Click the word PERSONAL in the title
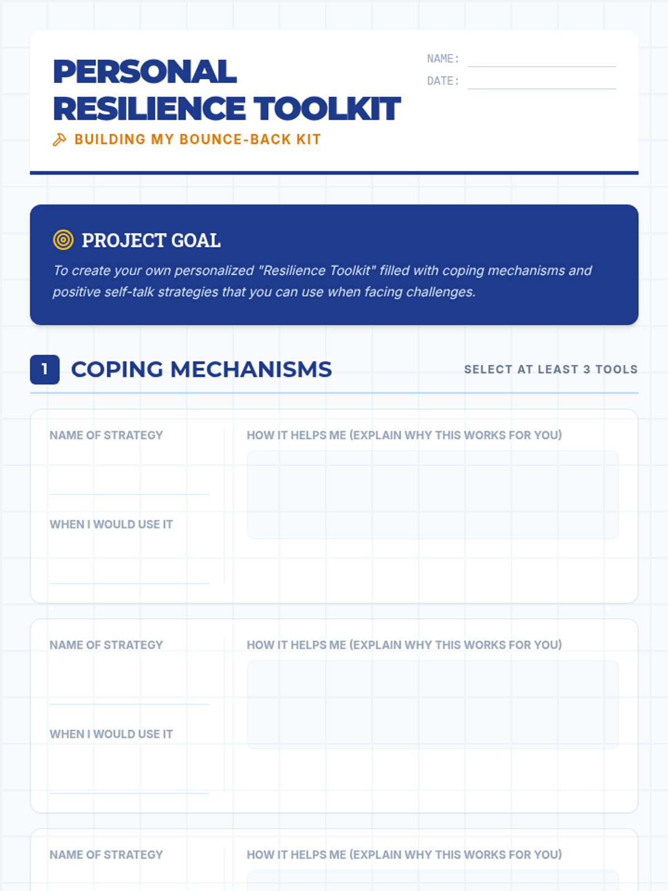pos(145,72)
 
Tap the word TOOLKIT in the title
pos(327,109)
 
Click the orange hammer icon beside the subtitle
pos(60,139)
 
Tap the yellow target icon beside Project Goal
pos(63,240)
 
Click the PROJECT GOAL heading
pos(151,241)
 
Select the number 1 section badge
pos(45,369)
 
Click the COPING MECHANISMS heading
pos(201,369)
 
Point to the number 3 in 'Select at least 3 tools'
pos(586,369)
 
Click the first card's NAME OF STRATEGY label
pos(106,435)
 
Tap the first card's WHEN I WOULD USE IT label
pos(111,525)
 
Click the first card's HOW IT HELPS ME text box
pos(433,495)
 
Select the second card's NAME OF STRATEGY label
pos(106,645)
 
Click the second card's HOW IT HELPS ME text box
pos(433,704)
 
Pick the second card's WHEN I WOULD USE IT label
pos(111,734)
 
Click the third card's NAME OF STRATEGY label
pos(106,855)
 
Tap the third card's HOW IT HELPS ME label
pos(404,855)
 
